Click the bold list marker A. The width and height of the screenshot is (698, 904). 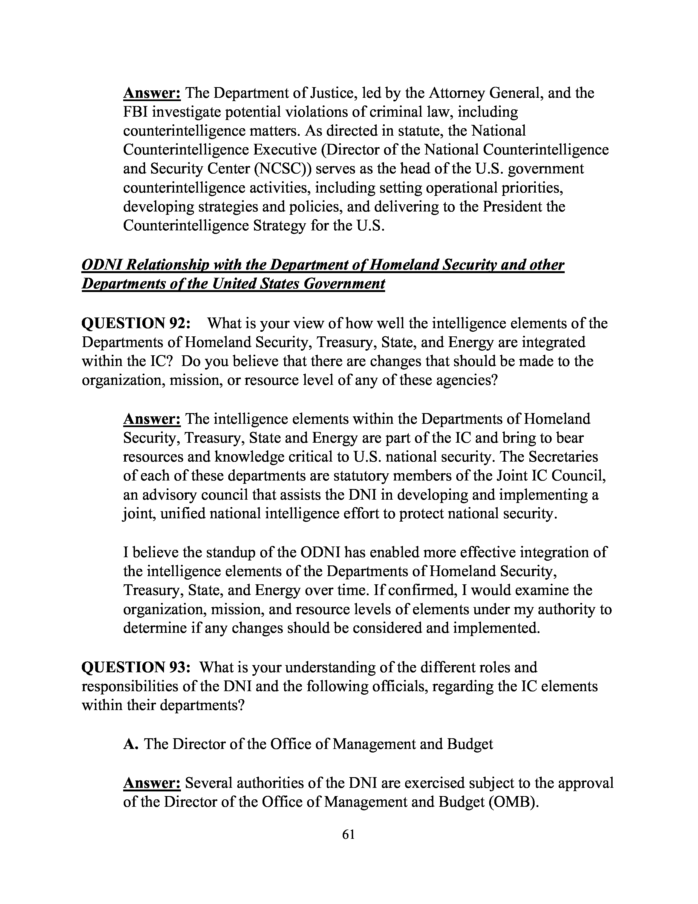point(131,744)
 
